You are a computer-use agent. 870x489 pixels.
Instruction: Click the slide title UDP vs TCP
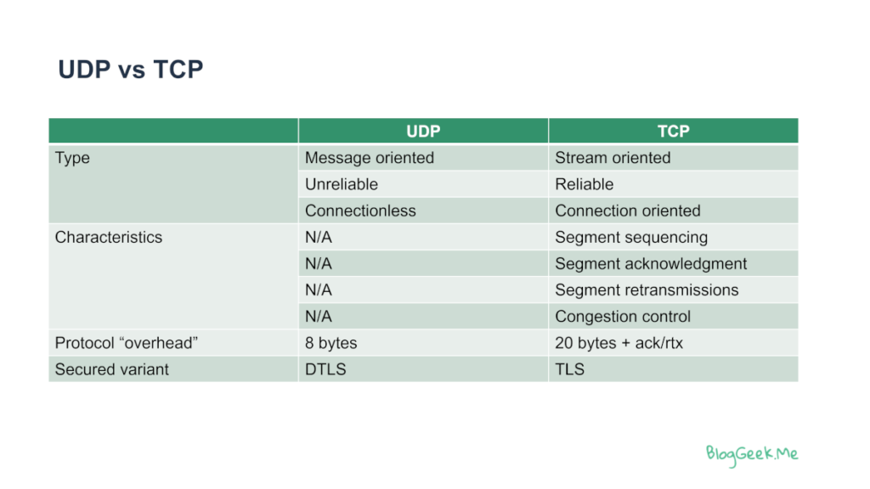point(130,70)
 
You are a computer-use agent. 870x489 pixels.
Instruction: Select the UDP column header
point(423,132)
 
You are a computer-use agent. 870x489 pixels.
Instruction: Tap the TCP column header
point(673,132)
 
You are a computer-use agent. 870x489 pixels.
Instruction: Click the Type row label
point(72,158)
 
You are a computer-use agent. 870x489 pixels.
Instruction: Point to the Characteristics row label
point(109,238)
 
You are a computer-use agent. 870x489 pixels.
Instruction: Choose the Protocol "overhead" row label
point(127,343)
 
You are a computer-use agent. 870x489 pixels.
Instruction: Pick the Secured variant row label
point(111,369)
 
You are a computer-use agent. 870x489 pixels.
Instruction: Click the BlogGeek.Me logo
point(752,455)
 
